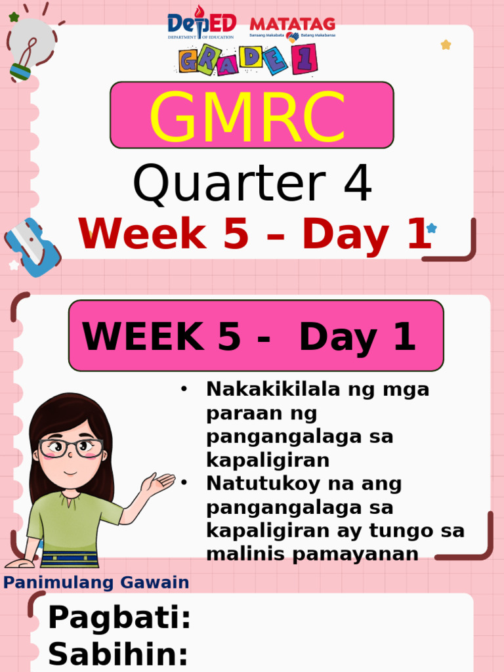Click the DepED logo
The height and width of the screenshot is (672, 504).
201,25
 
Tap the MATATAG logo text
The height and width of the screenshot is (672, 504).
292,25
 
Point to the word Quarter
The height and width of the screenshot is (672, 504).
229,184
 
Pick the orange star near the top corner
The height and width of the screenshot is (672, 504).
446,45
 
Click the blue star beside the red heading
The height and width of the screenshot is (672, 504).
431,228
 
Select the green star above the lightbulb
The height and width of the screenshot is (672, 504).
14,16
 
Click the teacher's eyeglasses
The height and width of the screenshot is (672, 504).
71,448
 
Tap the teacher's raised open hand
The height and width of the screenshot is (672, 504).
158,484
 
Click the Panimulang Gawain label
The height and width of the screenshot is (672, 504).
96,582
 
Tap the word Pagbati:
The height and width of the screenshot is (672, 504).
119,618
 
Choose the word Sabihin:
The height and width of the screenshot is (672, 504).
118,654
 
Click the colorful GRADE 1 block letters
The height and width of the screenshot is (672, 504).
248,60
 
